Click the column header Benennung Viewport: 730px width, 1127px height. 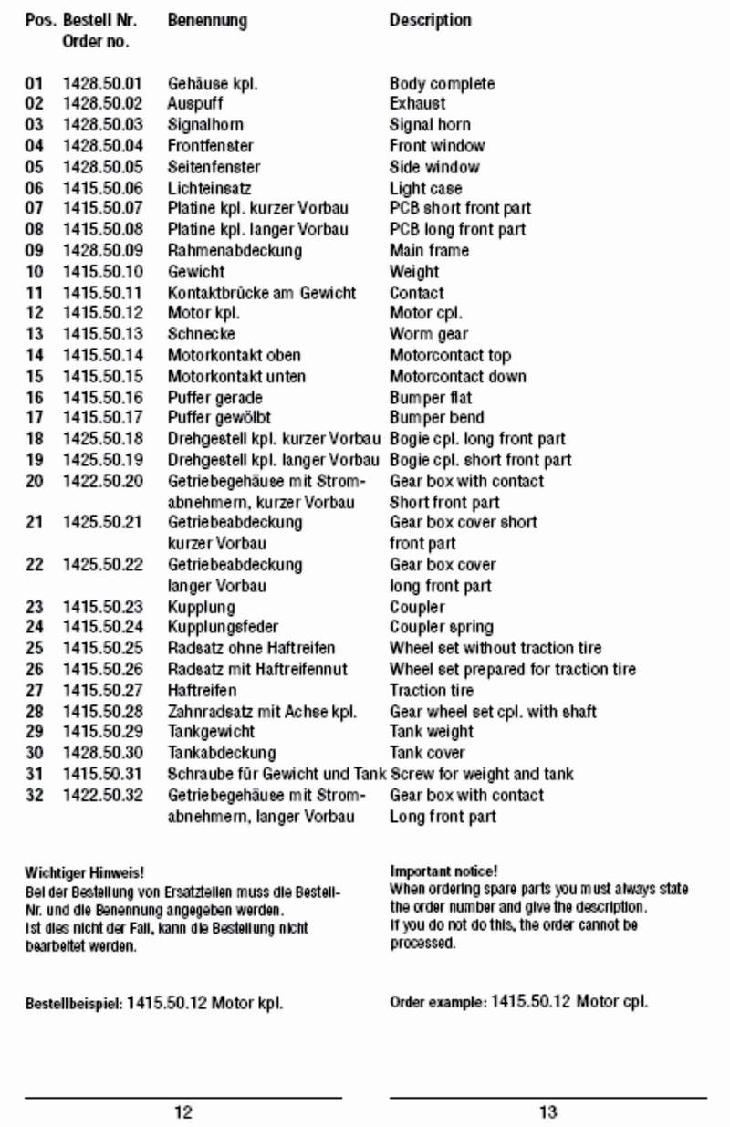207,20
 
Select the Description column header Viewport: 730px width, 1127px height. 430,20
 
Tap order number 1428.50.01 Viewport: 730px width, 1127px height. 102,84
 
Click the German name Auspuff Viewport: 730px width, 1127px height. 194,104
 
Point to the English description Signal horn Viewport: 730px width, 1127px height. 430,125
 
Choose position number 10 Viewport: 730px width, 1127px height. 34,272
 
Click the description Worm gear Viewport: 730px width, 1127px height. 429,335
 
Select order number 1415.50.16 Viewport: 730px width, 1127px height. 102,398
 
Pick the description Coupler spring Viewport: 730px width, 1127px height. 442,628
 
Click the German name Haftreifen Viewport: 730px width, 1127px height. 202,691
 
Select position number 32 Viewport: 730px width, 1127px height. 34,796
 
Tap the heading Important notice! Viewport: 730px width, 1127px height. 443,872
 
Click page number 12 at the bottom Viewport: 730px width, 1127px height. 183,1112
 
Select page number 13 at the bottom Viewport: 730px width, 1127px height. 547,1112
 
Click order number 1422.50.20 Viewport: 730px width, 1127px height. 102,482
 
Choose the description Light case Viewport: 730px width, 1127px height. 425,188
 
